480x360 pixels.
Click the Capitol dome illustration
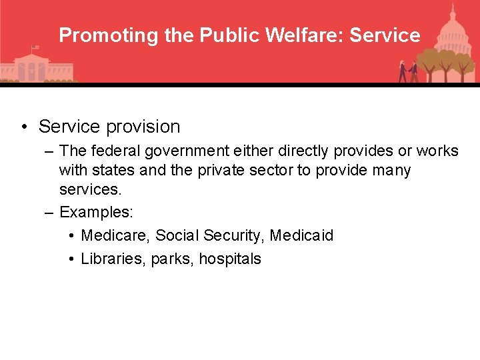click(453, 27)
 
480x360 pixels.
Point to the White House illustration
click(33, 67)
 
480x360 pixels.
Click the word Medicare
click(109, 236)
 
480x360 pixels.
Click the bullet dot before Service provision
click(23, 127)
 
